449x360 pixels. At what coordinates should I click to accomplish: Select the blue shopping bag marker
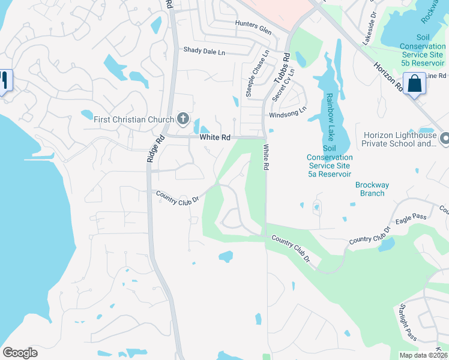(414, 83)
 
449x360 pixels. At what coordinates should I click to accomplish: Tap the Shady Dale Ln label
(204, 52)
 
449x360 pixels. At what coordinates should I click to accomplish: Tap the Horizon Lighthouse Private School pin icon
(444, 139)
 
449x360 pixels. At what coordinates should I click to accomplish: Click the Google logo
(20, 353)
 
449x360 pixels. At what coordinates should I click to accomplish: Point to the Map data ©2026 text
(423, 355)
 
